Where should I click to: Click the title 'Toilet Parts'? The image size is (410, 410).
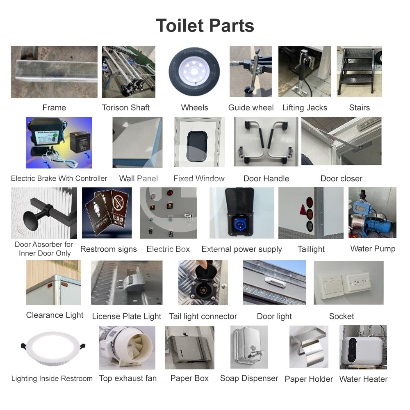(205, 25)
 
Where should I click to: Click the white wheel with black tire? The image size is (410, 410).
(194, 71)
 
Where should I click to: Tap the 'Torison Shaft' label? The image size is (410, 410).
(125, 108)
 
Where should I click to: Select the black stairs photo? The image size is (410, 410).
(359, 71)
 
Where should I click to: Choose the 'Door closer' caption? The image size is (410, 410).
(341, 179)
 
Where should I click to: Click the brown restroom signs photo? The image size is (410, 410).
(107, 213)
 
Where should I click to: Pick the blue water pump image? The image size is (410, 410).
(372, 213)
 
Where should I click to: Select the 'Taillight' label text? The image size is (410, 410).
(311, 249)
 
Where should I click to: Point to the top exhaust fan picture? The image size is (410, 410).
(127, 348)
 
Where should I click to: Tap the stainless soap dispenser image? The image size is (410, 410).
(249, 347)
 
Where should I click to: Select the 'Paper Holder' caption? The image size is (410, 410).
(309, 379)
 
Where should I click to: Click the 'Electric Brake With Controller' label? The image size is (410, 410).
(59, 179)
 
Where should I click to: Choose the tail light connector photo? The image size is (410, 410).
(203, 282)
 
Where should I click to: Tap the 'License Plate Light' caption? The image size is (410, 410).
(127, 317)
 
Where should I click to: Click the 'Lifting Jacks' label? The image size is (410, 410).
(305, 108)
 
